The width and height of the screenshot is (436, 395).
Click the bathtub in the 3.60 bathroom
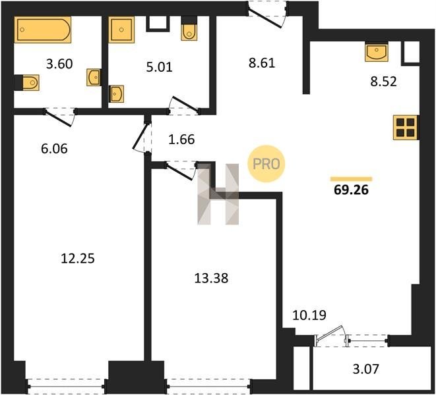click(43, 30)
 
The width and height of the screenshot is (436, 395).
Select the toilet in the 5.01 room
click(189, 28)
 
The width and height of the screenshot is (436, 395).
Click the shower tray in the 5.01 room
click(121, 30)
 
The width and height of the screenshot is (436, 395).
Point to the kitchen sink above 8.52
click(377, 52)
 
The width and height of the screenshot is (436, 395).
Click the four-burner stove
click(406, 128)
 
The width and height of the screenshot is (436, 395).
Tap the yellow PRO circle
click(266, 164)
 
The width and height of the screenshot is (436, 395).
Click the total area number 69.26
click(351, 190)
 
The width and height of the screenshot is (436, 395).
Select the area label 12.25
click(78, 259)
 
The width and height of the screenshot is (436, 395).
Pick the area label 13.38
click(211, 278)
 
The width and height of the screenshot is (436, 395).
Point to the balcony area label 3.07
click(365, 369)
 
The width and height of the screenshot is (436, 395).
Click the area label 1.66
click(181, 140)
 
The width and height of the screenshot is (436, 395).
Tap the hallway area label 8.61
click(262, 63)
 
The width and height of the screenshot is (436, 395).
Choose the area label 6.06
click(54, 149)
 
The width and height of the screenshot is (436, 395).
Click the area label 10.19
click(309, 315)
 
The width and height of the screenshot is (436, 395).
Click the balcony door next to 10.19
click(330, 336)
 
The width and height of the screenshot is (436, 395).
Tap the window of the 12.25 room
click(65, 386)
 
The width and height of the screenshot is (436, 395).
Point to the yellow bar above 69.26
click(351, 179)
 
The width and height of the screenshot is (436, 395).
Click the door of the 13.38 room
click(180, 170)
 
